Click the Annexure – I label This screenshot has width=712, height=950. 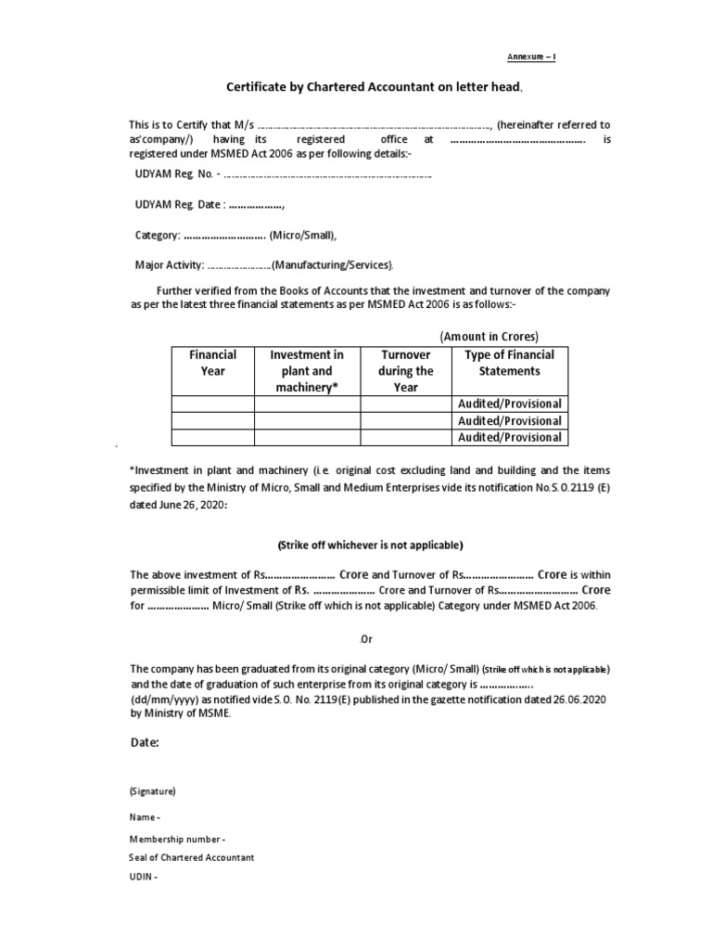pos(530,58)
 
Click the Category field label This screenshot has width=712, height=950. pos(157,235)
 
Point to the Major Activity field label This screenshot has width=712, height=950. pos(169,265)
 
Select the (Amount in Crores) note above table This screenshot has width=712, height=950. pos(489,336)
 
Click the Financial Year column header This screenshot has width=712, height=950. pos(212,363)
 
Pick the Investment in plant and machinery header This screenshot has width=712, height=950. pos(307,371)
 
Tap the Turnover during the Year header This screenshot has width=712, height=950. pos(405,371)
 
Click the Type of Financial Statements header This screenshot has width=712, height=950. pos(509,363)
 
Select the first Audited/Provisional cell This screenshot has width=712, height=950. pos(509,404)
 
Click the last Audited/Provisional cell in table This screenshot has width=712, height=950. pos(509,437)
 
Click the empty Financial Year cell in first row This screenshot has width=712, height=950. pos(212,404)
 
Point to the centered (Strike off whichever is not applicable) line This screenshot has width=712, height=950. pos(370,545)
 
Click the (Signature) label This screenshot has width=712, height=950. pos(152,791)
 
